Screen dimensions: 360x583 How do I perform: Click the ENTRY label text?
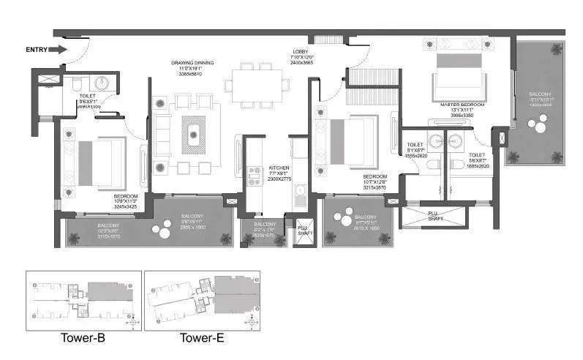pyautogui.click(x=37, y=50)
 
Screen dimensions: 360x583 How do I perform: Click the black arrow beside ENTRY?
pyautogui.click(x=60, y=50)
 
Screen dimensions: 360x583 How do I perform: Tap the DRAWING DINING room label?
pyautogui.click(x=187, y=68)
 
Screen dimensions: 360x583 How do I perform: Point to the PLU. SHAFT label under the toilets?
pyautogui.click(x=437, y=214)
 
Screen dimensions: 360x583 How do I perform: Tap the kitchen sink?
pyautogui.click(x=301, y=194)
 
